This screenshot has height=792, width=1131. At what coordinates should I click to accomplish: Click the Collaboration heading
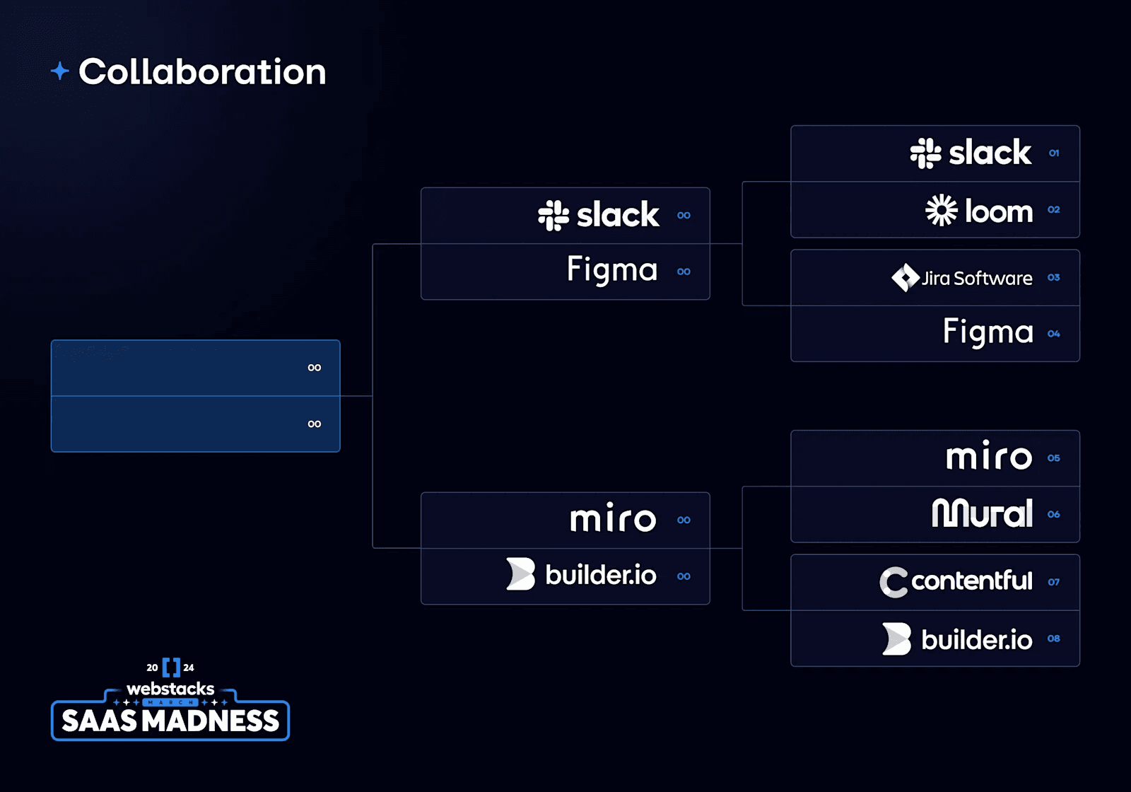point(202,72)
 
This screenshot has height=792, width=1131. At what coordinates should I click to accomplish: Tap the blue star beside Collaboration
point(60,71)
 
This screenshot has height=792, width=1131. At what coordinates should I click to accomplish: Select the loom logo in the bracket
point(979,211)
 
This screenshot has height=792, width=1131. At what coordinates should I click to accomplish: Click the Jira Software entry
point(962,278)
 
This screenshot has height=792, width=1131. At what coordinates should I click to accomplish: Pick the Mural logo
point(983,513)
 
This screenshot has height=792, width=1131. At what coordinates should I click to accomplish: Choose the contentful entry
point(956,581)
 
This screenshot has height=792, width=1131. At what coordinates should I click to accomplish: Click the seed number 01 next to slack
point(1054,153)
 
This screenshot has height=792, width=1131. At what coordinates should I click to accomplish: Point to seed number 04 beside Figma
point(1054,334)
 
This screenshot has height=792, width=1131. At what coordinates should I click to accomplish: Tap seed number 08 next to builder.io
point(1054,639)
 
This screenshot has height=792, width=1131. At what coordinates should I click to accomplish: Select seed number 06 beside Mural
point(1054,515)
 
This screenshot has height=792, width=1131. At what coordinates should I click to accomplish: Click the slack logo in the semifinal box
point(599,215)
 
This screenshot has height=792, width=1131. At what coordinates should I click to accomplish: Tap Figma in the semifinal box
point(612,271)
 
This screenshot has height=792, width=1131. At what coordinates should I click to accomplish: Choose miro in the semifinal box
point(613,520)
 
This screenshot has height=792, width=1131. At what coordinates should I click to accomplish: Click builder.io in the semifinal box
point(582,575)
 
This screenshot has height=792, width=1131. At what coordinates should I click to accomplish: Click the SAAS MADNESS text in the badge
point(170,721)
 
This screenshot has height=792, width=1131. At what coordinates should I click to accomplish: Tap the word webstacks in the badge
point(170,689)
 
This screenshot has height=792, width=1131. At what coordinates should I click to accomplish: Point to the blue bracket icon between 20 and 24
point(171,668)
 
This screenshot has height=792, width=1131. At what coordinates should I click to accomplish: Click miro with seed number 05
point(989,458)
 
